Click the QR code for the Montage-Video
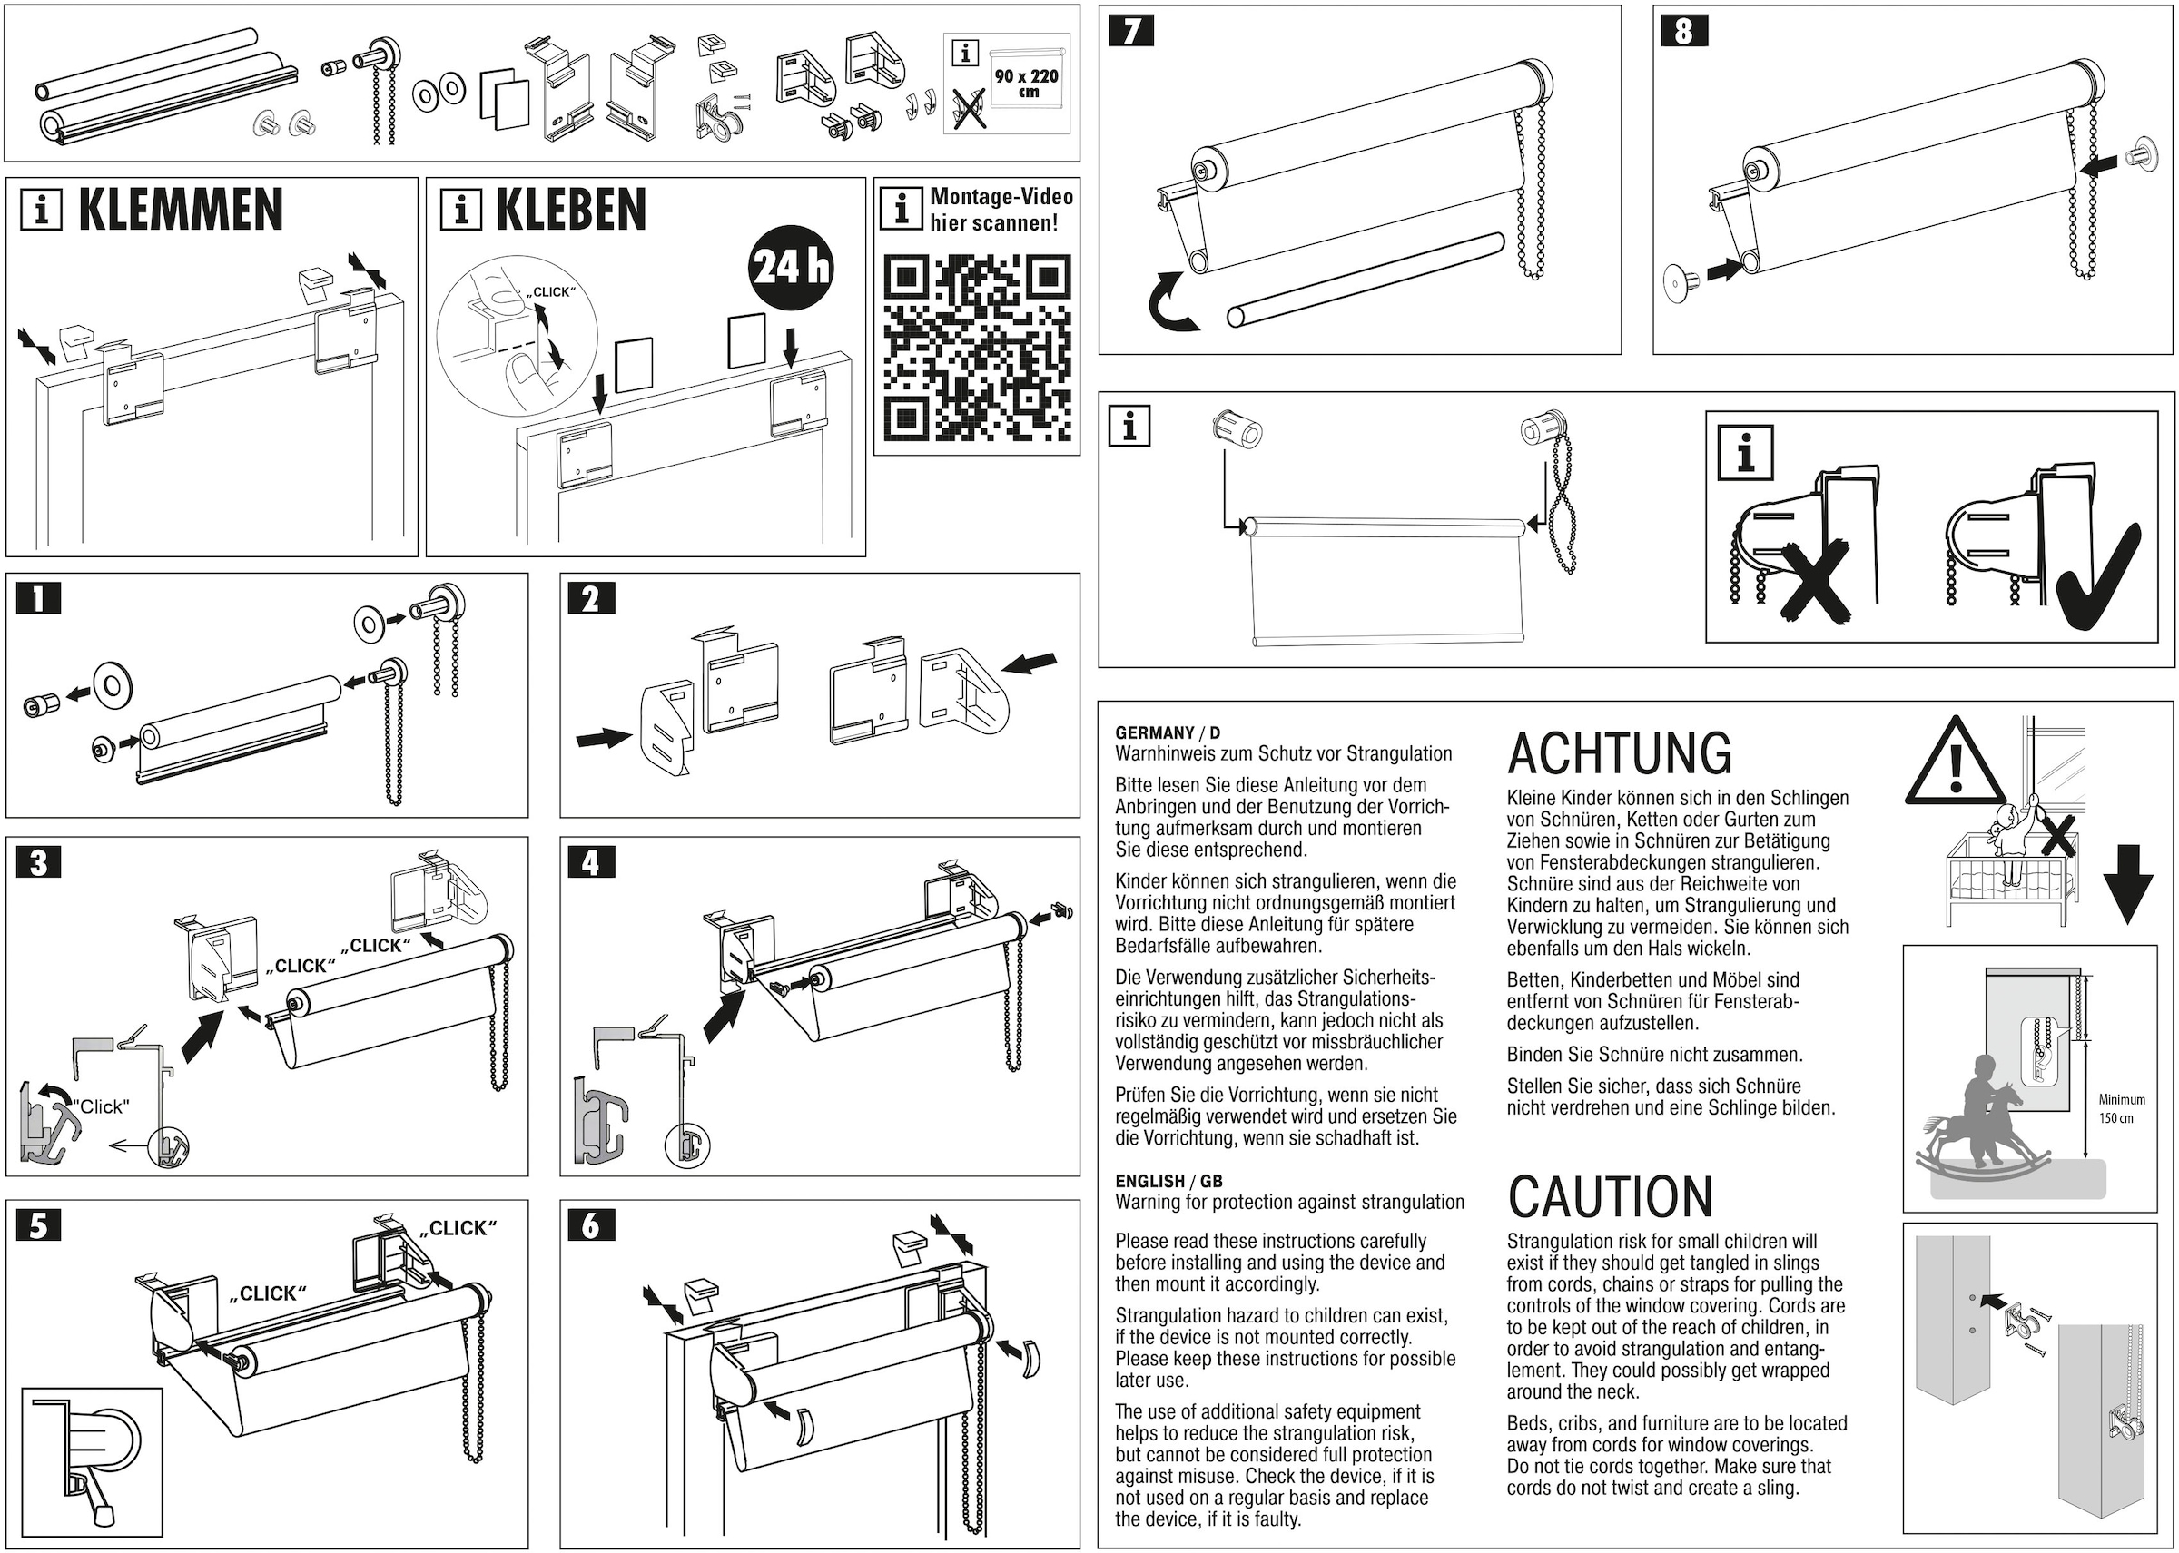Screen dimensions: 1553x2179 (x=977, y=346)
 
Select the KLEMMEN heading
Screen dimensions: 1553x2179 (x=180, y=211)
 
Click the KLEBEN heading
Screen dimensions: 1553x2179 (x=570, y=211)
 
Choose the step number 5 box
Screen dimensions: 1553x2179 (x=38, y=1225)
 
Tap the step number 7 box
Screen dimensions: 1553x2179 (x=1131, y=32)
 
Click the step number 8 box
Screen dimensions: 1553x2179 (x=1683, y=32)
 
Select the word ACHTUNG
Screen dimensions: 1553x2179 (x=1619, y=753)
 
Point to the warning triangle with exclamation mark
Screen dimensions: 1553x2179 (x=1954, y=763)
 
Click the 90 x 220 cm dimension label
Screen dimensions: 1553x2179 (x=1026, y=83)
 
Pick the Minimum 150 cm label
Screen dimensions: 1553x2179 (x=2122, y=1109)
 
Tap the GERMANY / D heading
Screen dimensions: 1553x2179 (x=1167, y=732)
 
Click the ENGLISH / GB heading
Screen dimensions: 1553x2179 (x=1168, y=1181)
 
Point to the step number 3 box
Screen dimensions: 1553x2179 (x=38, y=862)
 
